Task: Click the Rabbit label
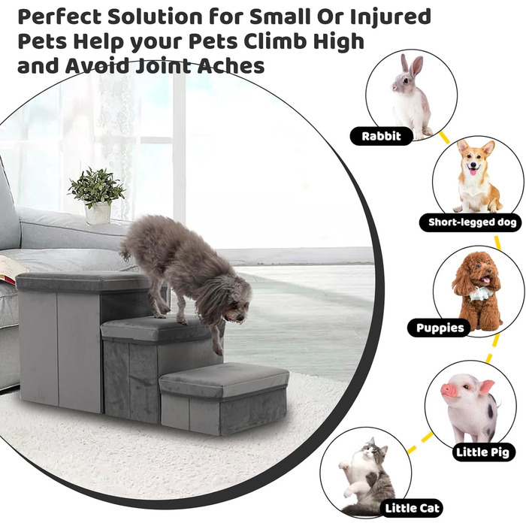pos(382,136)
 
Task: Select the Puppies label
pos(440,328)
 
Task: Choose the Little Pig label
pos(482,452)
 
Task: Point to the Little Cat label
pos(412,508)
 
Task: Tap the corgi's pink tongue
pos(473,172)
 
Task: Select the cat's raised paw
pos(343,465)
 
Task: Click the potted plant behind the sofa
pos(97,195)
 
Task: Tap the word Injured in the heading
pos(391,18)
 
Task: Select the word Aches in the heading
pos(231,65)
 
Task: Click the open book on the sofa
pos(14,265)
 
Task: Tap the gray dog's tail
pos(125,250)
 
